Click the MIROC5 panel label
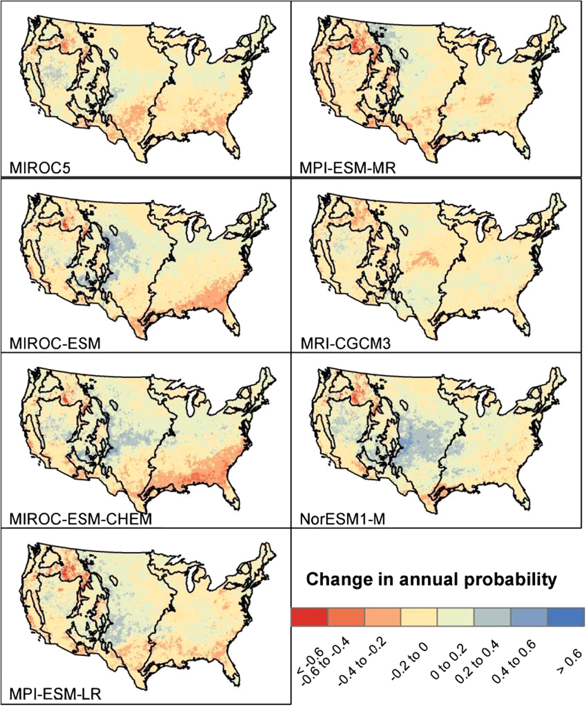40,168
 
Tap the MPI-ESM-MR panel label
348,168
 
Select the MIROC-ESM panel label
55,343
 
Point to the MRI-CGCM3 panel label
345,343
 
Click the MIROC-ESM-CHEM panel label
80,519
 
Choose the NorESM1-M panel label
342,519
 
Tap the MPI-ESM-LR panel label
55,695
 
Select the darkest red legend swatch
309,616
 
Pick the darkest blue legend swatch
566,616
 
